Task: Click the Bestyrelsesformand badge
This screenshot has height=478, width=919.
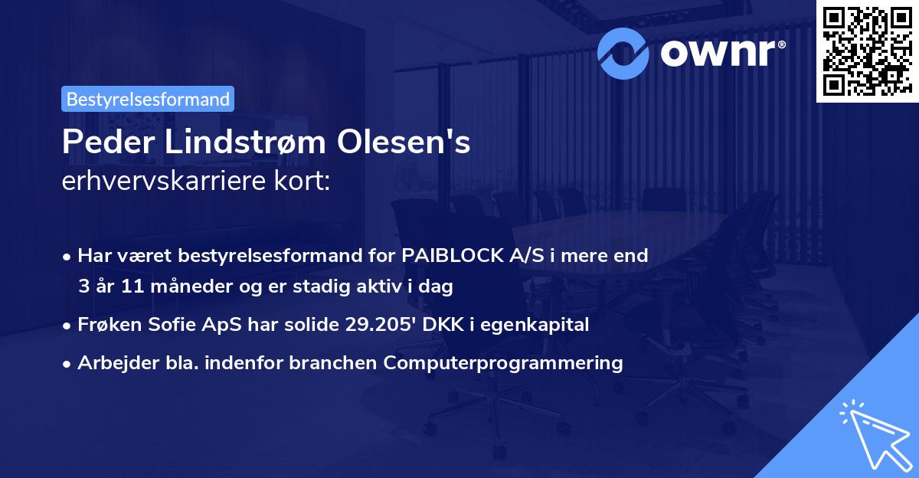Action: [x=148, y=99]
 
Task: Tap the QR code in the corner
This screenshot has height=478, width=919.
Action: [x=866, y=51]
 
